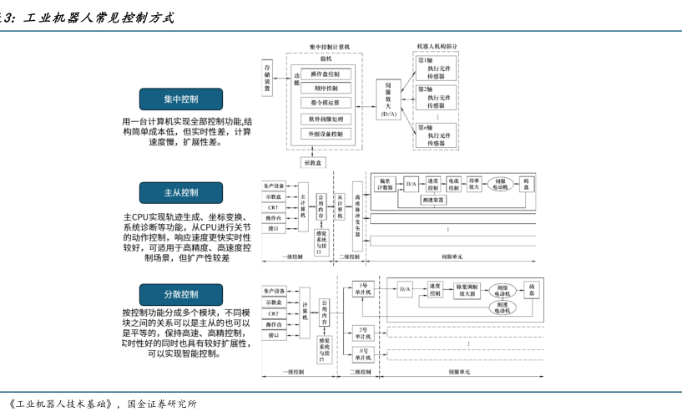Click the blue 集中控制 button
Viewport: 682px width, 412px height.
pos(181,99)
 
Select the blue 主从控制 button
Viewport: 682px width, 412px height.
pos(181,193)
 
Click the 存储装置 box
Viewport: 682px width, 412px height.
pos(269,72)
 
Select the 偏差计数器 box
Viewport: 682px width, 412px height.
pos(386,184)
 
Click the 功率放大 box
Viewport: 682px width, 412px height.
pos(474,184)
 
